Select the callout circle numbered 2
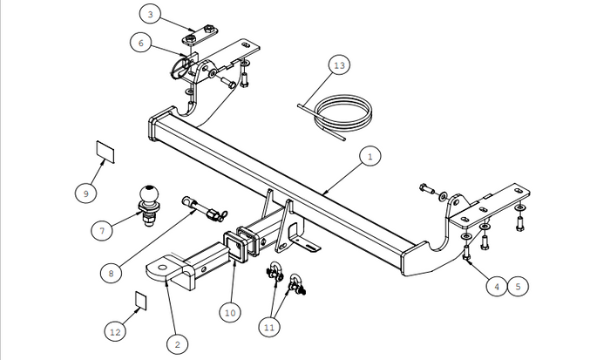pos(176,345)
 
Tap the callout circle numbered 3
pos(149,14)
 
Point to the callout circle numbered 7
pos(102,231)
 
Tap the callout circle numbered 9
pos(85,194)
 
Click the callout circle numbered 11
pos(271,328)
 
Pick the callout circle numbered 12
pos(115,332)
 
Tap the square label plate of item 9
pos(104,153)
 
